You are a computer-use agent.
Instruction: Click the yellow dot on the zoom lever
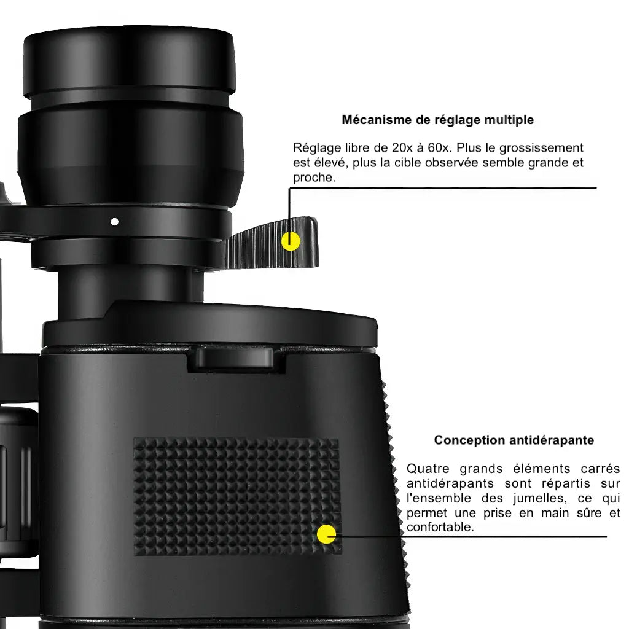point(291,241)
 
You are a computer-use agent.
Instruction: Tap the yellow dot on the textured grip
point(326,534)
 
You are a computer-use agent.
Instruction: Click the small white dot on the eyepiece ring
point(114,221)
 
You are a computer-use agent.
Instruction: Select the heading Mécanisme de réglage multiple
point(437,120)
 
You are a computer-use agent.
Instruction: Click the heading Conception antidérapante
point(514,440)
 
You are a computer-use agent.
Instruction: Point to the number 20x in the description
point(402,148)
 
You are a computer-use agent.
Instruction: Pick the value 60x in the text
point(440,148)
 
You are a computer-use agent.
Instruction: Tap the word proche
point(314,178)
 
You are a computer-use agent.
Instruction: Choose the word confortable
point(440,527)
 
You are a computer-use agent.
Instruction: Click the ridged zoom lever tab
point(273,243)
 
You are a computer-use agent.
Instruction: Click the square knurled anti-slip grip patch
point(237,496)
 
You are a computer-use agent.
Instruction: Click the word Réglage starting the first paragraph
point(317,149)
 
